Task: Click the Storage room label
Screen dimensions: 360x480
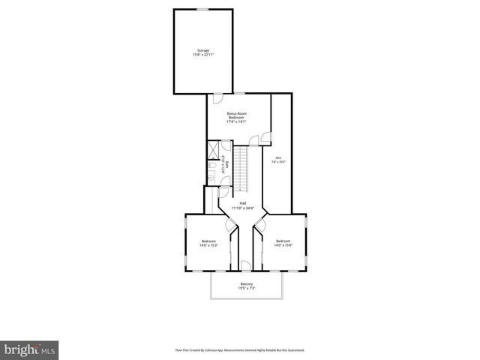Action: (x=202, y=53)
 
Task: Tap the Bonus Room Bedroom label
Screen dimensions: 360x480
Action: (x=237, y=117)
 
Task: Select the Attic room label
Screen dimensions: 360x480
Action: (x=278, y=160)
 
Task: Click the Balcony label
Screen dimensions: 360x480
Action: (x=246, y=286)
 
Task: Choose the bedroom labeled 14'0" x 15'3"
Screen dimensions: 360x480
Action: (x=208, y=243)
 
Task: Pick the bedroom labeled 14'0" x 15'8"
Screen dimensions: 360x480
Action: (x=283, y=243)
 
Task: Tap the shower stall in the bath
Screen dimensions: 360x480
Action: (x=211, y=148)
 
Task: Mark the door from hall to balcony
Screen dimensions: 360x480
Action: (x=246, y=265)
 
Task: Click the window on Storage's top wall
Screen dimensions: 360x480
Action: (x=202, y=9)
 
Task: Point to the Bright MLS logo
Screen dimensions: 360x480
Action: (x=30, y=349)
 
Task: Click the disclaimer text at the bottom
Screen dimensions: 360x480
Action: (x=240, y=349)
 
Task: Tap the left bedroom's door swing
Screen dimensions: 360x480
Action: (x=232, y=227)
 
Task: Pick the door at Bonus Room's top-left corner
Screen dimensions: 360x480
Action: (x=217, y=98)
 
